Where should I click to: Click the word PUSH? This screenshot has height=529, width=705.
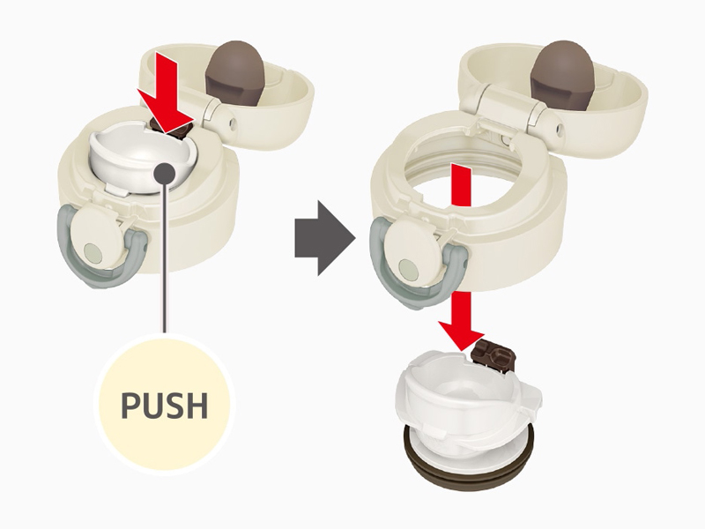tap(164, 407)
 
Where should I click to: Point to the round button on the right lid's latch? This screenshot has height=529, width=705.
tap(408, 266)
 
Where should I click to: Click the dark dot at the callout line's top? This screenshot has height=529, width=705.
tap(164, 172)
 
